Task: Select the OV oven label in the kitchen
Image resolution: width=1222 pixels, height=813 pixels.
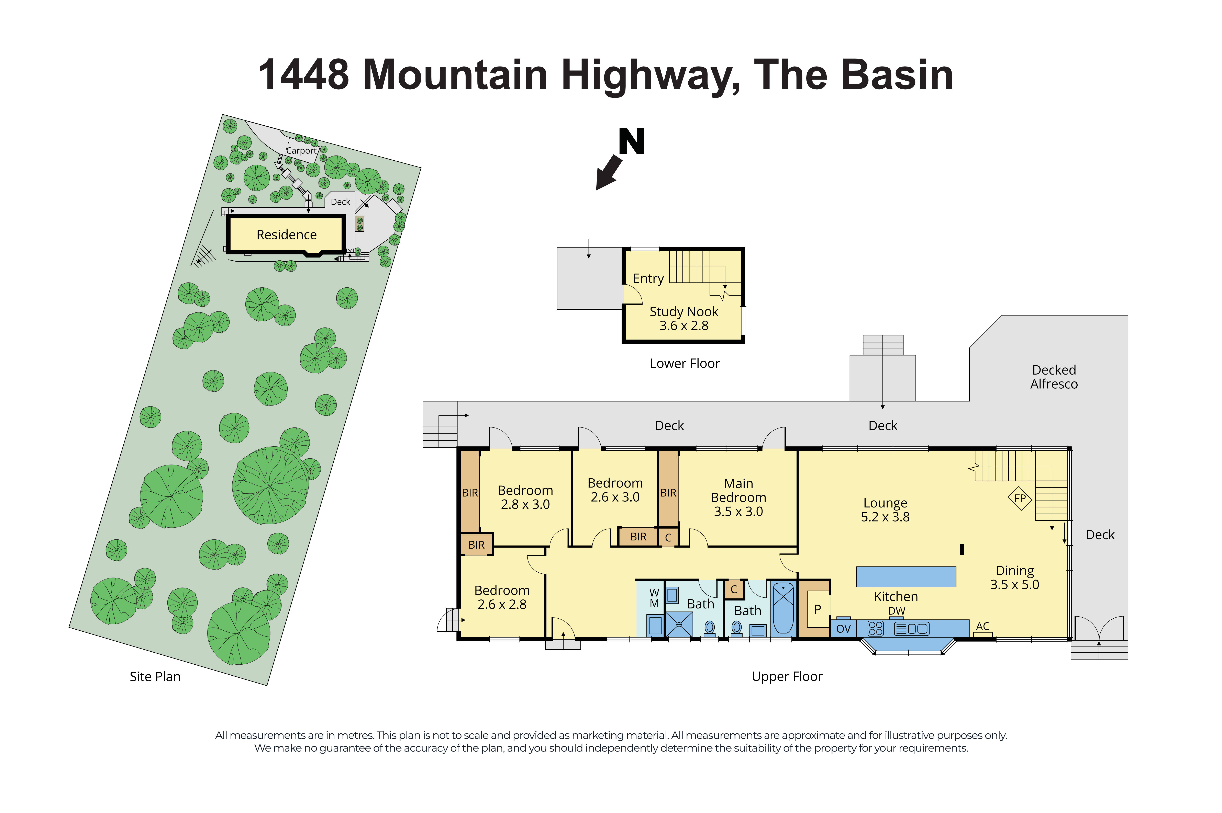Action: (843, 628)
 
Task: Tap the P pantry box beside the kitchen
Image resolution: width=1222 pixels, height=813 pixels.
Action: (817, 609)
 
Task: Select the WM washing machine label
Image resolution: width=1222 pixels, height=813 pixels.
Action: (654, 598)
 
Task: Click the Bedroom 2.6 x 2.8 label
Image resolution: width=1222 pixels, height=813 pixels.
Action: (502, 597)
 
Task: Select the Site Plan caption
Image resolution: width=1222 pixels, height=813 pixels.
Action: (155, 677)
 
